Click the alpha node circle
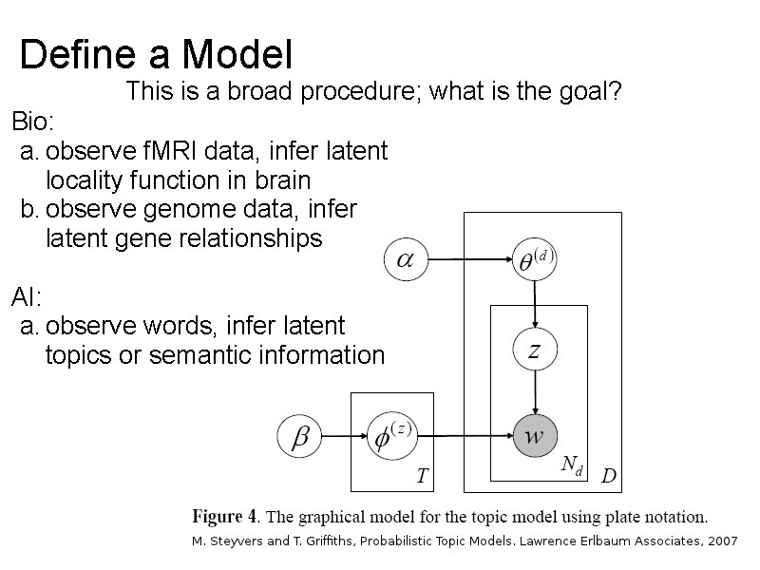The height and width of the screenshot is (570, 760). coord(406,259)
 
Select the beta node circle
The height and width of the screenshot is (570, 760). coord(299,437)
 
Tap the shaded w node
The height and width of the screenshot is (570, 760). coord(534,437)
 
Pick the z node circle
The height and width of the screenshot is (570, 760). coord(534,351)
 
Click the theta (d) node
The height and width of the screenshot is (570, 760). coord(534,258)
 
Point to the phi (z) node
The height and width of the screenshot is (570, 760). coord(390,437)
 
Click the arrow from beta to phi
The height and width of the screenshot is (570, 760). coord(344,437)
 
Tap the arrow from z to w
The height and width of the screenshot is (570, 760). coord(534,393)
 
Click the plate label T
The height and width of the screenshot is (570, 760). coord(422,476)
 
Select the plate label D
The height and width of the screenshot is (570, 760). coord(608,476)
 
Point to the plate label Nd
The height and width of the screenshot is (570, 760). coord(572,465)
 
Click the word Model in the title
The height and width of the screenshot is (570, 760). coord(237,54)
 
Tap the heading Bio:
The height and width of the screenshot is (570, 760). coord(33,122)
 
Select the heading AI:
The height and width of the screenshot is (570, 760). coord(27,297)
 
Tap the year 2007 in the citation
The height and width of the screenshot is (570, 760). coord(720,541)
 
